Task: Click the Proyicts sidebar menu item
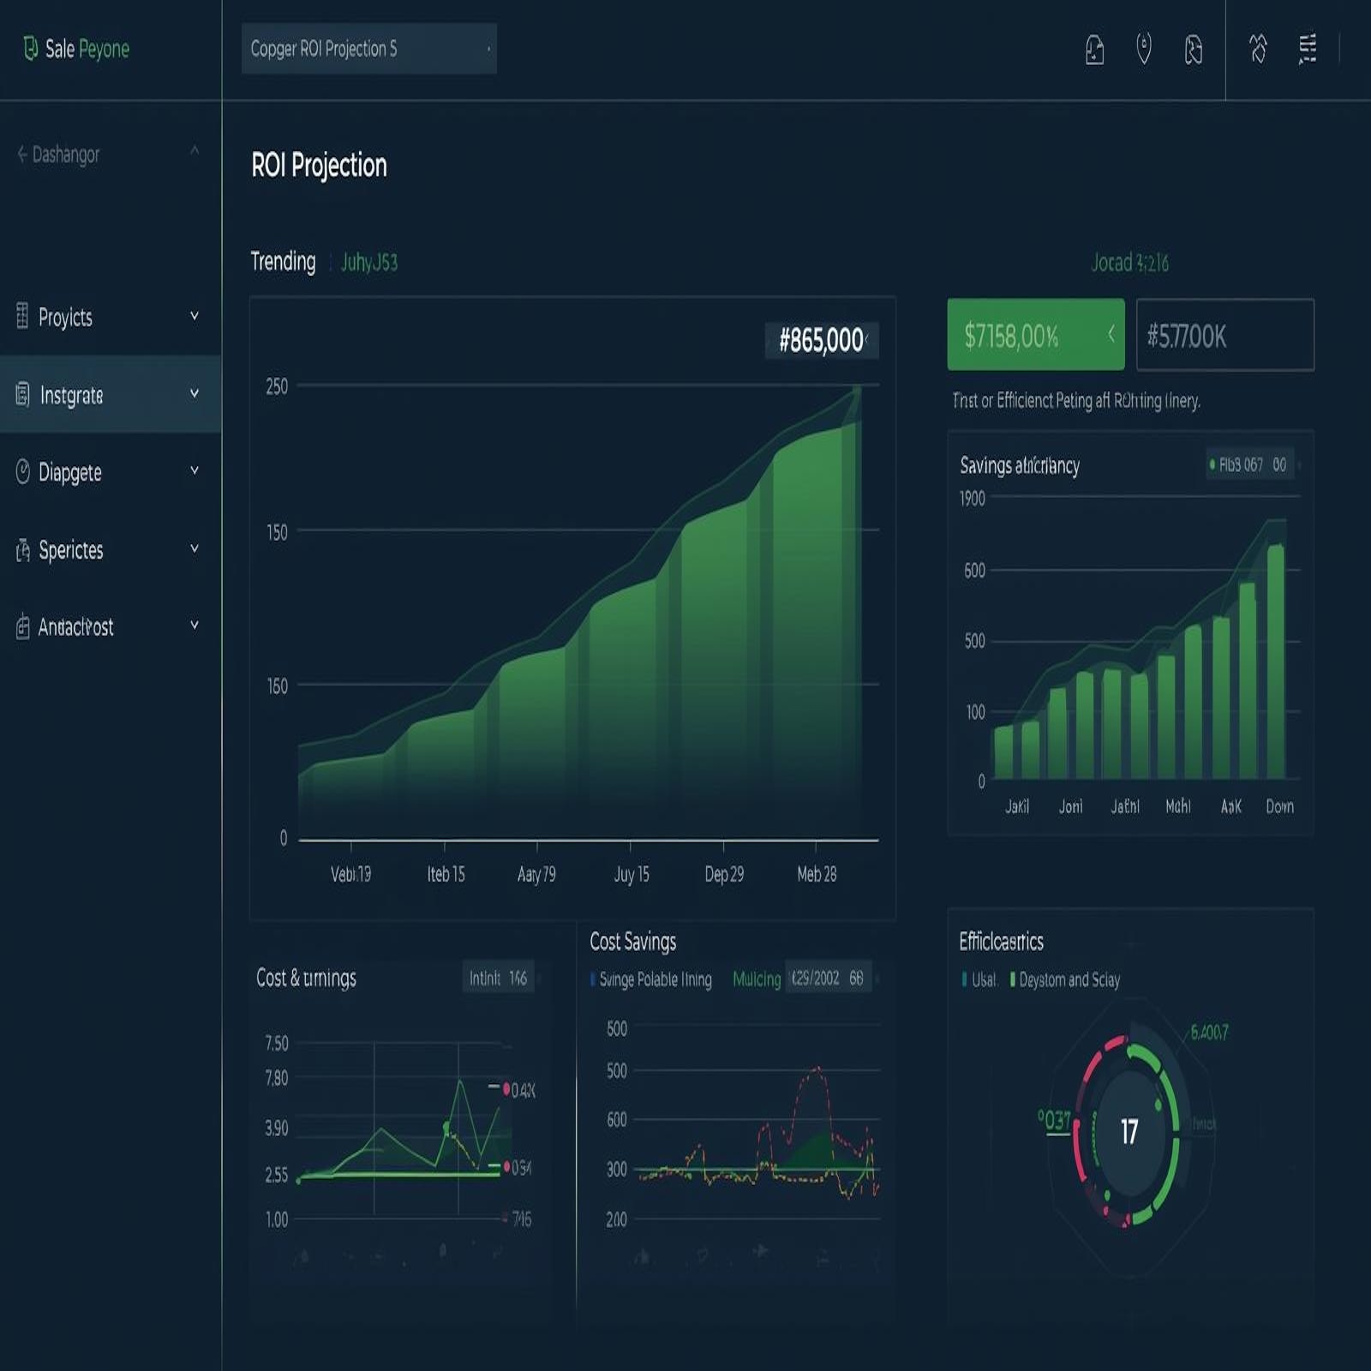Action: coord(65,317)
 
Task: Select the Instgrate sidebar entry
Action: coord(71,395)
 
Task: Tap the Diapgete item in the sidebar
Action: coord(69,472)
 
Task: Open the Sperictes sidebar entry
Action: coord(70,550)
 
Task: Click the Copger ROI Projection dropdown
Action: coord(368,49)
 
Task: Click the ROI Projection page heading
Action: coord(319,165)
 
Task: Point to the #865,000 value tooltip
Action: coord(821,340)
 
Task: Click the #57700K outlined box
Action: coord(1224,336)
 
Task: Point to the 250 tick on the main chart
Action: coord(277,386)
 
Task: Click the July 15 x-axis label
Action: coord(632,874)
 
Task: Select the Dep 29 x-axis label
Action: coord(724,874)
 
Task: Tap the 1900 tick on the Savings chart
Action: coord(973,499)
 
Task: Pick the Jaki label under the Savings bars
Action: coord(1017,806)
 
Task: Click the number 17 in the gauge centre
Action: coord(1129,1132)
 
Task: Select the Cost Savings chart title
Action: coord(632,942)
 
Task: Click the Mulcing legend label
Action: coord(757,979)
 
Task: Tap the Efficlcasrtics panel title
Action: coord(1001,942)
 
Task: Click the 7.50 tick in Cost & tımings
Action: coord(277,1043)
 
